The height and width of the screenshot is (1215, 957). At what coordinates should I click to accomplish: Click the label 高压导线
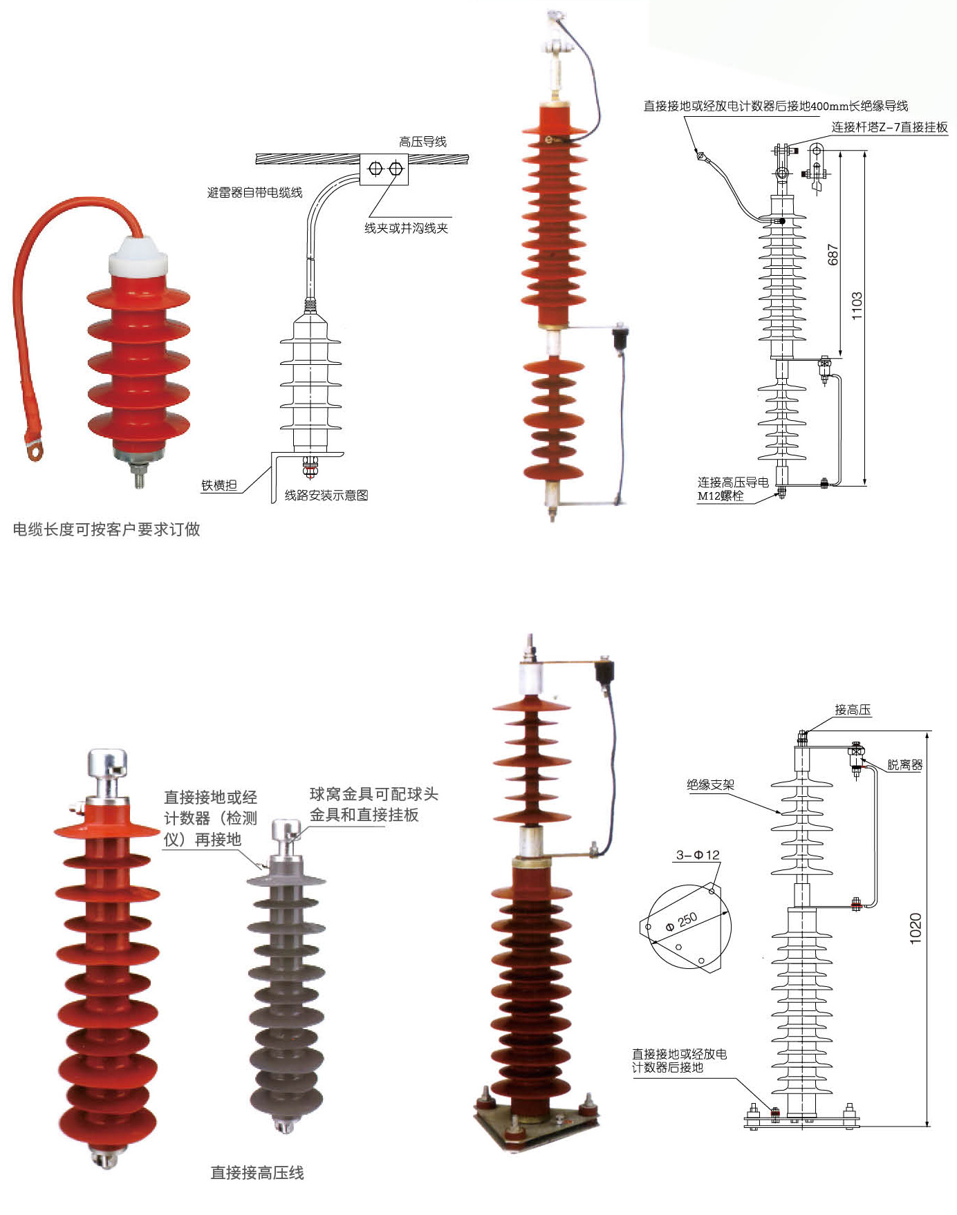coord(422,142)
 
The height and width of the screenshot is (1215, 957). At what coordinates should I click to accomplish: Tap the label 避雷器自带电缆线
coord(254,193)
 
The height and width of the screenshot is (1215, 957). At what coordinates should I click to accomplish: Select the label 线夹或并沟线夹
coord(406,228)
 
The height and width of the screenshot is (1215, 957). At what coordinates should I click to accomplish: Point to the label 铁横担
coord(219,485)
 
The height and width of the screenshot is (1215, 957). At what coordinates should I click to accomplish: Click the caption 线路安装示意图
coord(326,496)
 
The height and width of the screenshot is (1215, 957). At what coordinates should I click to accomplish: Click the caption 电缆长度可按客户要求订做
coord(106,529)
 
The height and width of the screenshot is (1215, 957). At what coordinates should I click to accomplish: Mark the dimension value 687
coord(833,254)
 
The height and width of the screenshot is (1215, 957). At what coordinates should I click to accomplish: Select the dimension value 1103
coord(857,305)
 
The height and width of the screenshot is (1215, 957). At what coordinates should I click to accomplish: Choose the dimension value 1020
coord(916,928)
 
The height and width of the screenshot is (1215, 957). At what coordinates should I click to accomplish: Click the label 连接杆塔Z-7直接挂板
coord(889,127)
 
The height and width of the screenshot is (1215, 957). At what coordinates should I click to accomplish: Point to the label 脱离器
coord(904,765)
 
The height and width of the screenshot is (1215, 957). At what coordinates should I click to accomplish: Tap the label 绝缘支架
coord(710,784)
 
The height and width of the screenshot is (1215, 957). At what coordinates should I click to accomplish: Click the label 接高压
coord(852,710)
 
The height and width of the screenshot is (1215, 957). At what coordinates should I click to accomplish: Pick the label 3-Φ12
coord(698,855)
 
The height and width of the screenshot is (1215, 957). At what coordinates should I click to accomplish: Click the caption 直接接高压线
coord(257,1173)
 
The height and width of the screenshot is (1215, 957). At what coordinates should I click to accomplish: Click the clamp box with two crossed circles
coord(384,169)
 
